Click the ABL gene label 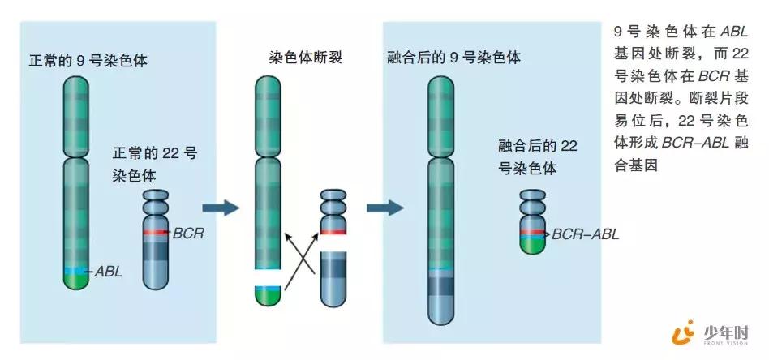click(109, 271)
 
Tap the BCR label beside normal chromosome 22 click(187, 234)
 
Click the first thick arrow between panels click(220, 208)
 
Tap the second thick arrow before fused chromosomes click(384, 208)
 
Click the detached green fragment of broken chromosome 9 click(268, 296)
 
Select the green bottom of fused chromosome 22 click(531, 245)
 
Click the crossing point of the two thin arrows click(302, 261)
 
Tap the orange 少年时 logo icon click(685, 332)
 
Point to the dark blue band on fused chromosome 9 click(441, 285)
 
